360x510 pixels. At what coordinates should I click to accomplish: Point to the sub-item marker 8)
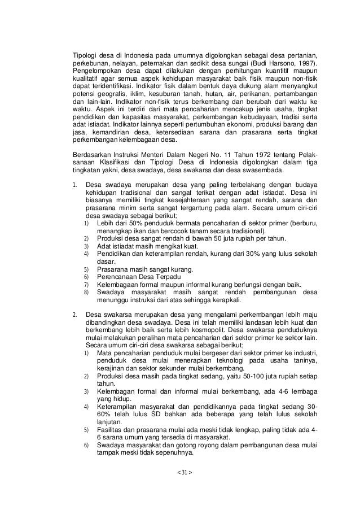(87, 292)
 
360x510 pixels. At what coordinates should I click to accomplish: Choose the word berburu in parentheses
(300, 224)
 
